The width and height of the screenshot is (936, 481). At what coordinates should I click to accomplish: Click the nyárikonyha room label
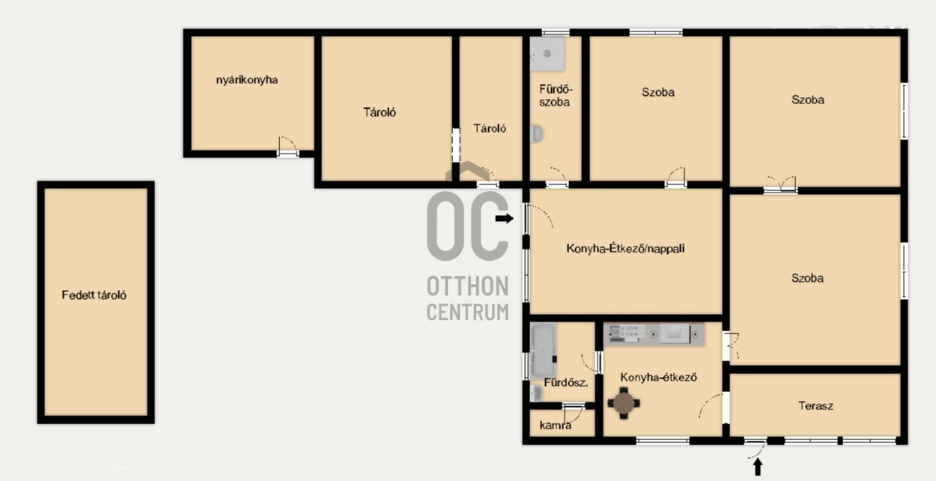tap(247, 80)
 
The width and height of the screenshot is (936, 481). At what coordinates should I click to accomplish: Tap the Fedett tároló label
tap(94, 295)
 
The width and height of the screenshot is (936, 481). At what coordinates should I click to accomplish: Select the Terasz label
tap(815, 406)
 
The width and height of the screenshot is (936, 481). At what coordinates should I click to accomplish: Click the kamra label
tap(556, 426)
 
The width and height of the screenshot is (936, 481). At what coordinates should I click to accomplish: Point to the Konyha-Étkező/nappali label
tap(625, 249)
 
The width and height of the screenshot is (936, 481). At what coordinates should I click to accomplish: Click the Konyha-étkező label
tap(658, 378)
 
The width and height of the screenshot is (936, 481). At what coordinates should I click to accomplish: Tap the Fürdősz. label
tap(566, 382)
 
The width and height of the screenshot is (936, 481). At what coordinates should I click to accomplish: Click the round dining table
tap(624, 403)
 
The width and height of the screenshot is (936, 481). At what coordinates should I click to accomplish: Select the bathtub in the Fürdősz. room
tap(543, 351)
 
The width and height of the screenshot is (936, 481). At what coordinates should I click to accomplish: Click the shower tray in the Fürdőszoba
tap(547, 53)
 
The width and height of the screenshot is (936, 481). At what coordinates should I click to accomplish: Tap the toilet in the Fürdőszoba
tap(537, 134)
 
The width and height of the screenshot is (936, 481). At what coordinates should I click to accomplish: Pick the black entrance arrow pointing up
tap(758, 467)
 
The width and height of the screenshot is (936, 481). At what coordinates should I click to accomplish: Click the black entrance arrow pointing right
tap(505, 218)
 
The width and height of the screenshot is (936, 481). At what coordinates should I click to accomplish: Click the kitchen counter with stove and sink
tap(654, 333)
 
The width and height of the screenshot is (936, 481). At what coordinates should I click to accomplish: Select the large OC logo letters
tap(467, 226)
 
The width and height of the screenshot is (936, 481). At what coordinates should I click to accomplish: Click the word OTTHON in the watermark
tap(467, 286)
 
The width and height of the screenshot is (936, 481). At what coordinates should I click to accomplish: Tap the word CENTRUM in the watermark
tap(467, 312)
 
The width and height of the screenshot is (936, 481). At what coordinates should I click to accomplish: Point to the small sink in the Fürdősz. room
tap(536, 393)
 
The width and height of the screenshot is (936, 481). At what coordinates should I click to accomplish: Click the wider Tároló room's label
tap(380, 112)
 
